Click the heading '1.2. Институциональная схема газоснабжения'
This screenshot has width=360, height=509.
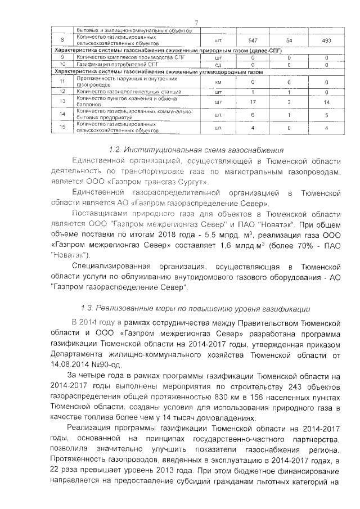(196, 150)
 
